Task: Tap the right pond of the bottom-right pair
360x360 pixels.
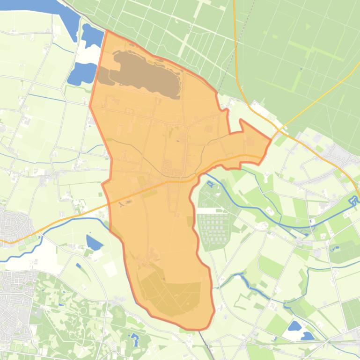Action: tap(308, 335)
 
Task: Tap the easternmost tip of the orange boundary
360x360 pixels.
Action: tap(271, 139)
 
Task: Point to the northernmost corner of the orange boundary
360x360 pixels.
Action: tap(107, 30)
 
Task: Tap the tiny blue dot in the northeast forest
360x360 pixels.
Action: tap(301, 69)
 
